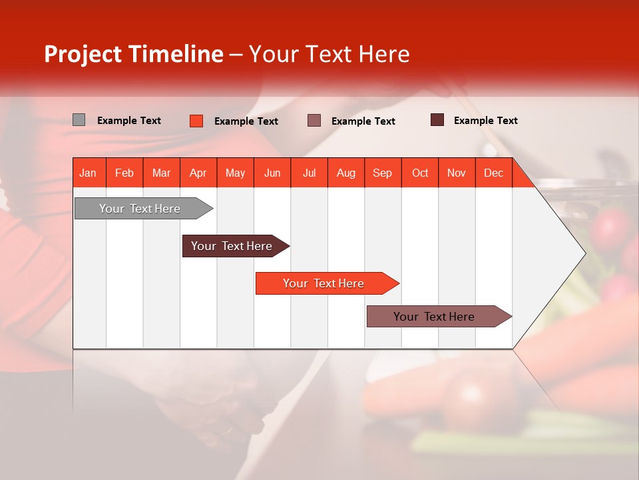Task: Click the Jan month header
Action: tap(88, 173)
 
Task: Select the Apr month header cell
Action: tap(198, 173)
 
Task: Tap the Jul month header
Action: tap(309, 173)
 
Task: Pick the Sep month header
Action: tap(382, 173)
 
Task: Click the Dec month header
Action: tap(493, 173)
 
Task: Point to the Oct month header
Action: tap(420, 173)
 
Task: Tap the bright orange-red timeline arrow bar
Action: tap(324, 283)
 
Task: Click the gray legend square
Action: tap(79, 120)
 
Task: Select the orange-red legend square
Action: tap(196, 121)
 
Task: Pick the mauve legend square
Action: tap(314, 121)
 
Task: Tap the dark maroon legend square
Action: tap(437, 120)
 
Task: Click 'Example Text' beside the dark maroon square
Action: tap(485, 120)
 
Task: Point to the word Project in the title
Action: tap(83, 54)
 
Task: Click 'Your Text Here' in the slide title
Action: tap(329, 54)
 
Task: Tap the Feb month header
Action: tap(124, 173)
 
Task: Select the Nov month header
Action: tap(457, 173)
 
